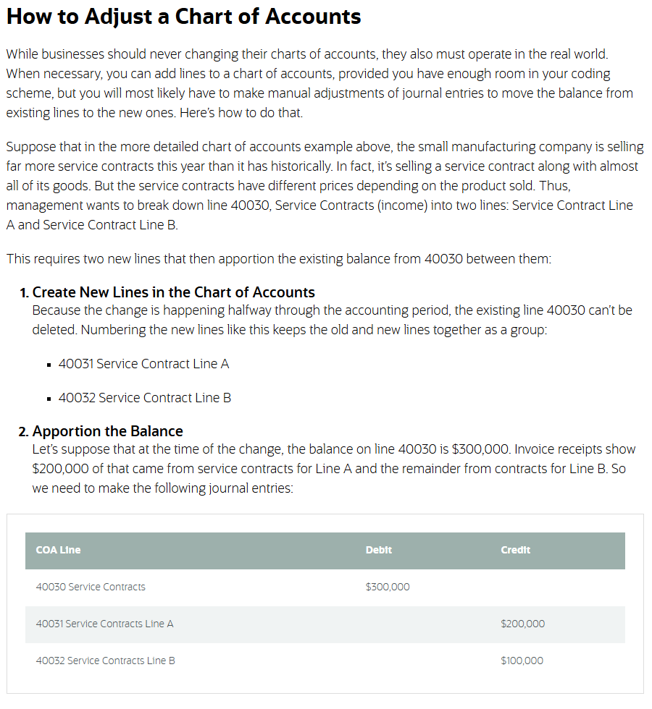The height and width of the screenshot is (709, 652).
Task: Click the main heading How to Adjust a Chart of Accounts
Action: click(x=183, y=17)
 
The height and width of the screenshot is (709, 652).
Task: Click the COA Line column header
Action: click(x=58, y=550)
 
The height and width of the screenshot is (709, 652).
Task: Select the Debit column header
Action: click(x=378, y=550)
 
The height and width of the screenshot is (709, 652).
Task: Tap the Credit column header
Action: click(x=515, y=550)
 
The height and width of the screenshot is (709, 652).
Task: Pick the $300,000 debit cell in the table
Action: click(x=388, y=587)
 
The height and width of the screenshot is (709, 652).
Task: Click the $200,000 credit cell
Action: click(x=522, y=624)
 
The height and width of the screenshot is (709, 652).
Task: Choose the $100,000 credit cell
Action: click(x=522, y=661)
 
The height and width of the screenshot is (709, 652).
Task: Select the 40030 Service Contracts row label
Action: click(x=91, y=587)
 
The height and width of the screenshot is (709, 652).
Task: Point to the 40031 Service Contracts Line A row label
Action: click(x=104, y=624)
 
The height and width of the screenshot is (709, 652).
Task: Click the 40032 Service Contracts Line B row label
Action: click(x=105, y=661)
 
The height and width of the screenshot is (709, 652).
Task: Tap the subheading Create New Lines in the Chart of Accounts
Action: click(x=174, y=292)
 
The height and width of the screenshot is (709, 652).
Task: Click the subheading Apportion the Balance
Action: click(x=108, y=431)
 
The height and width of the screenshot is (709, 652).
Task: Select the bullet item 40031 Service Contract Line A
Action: click(x=143, y=364)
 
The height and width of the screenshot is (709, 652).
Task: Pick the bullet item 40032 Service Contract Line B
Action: click(x=145, y=398)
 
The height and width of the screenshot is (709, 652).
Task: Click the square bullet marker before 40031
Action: click(x=49, y=365)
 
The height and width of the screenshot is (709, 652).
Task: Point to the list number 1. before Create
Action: click(x=25, y=293)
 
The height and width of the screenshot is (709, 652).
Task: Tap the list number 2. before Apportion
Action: click(x=24, y=432)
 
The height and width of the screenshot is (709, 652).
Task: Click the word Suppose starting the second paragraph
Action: click(x=30, y=147)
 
